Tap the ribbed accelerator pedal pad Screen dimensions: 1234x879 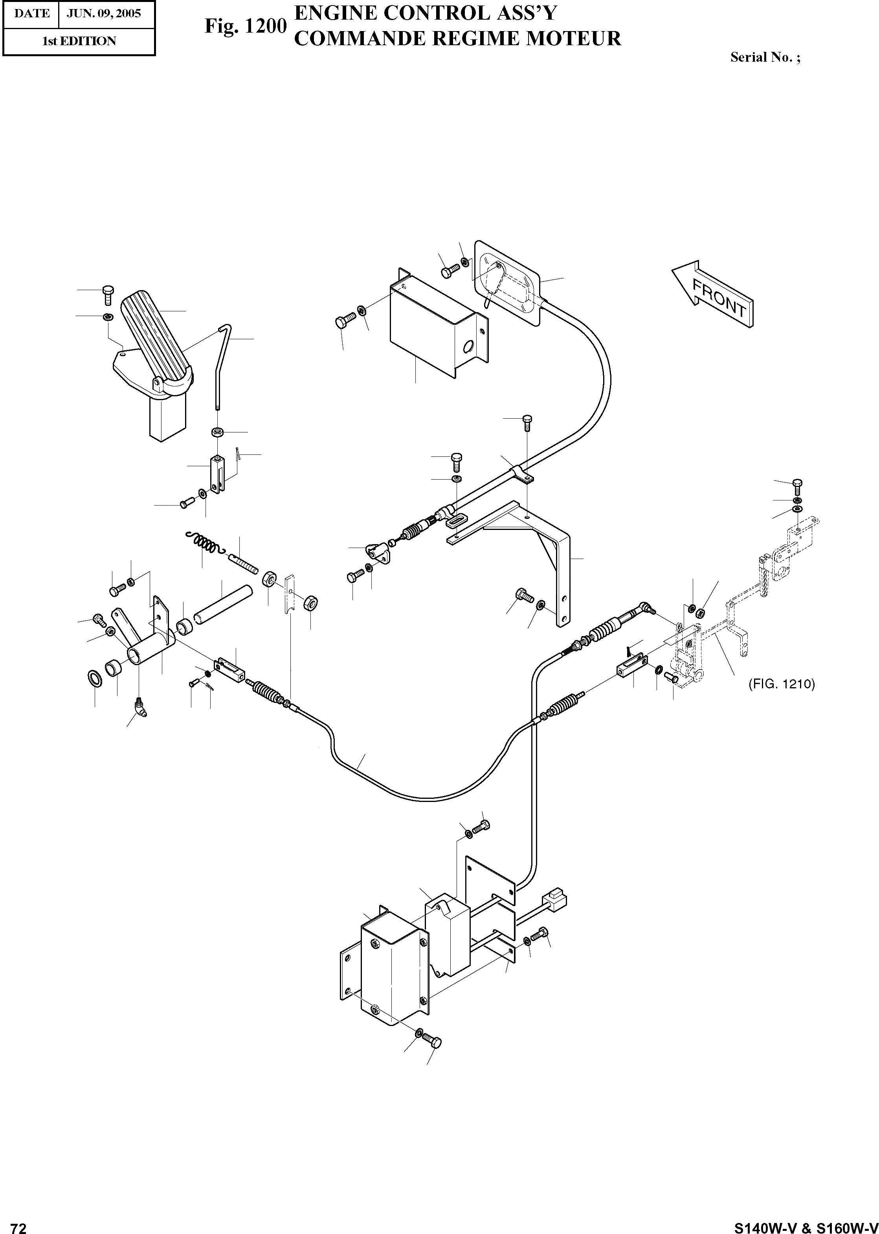154,339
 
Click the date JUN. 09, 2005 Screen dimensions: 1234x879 103,13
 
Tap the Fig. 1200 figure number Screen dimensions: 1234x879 245,26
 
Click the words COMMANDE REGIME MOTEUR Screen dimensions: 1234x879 457,39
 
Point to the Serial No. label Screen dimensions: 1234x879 765,57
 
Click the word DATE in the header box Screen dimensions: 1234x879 32,13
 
